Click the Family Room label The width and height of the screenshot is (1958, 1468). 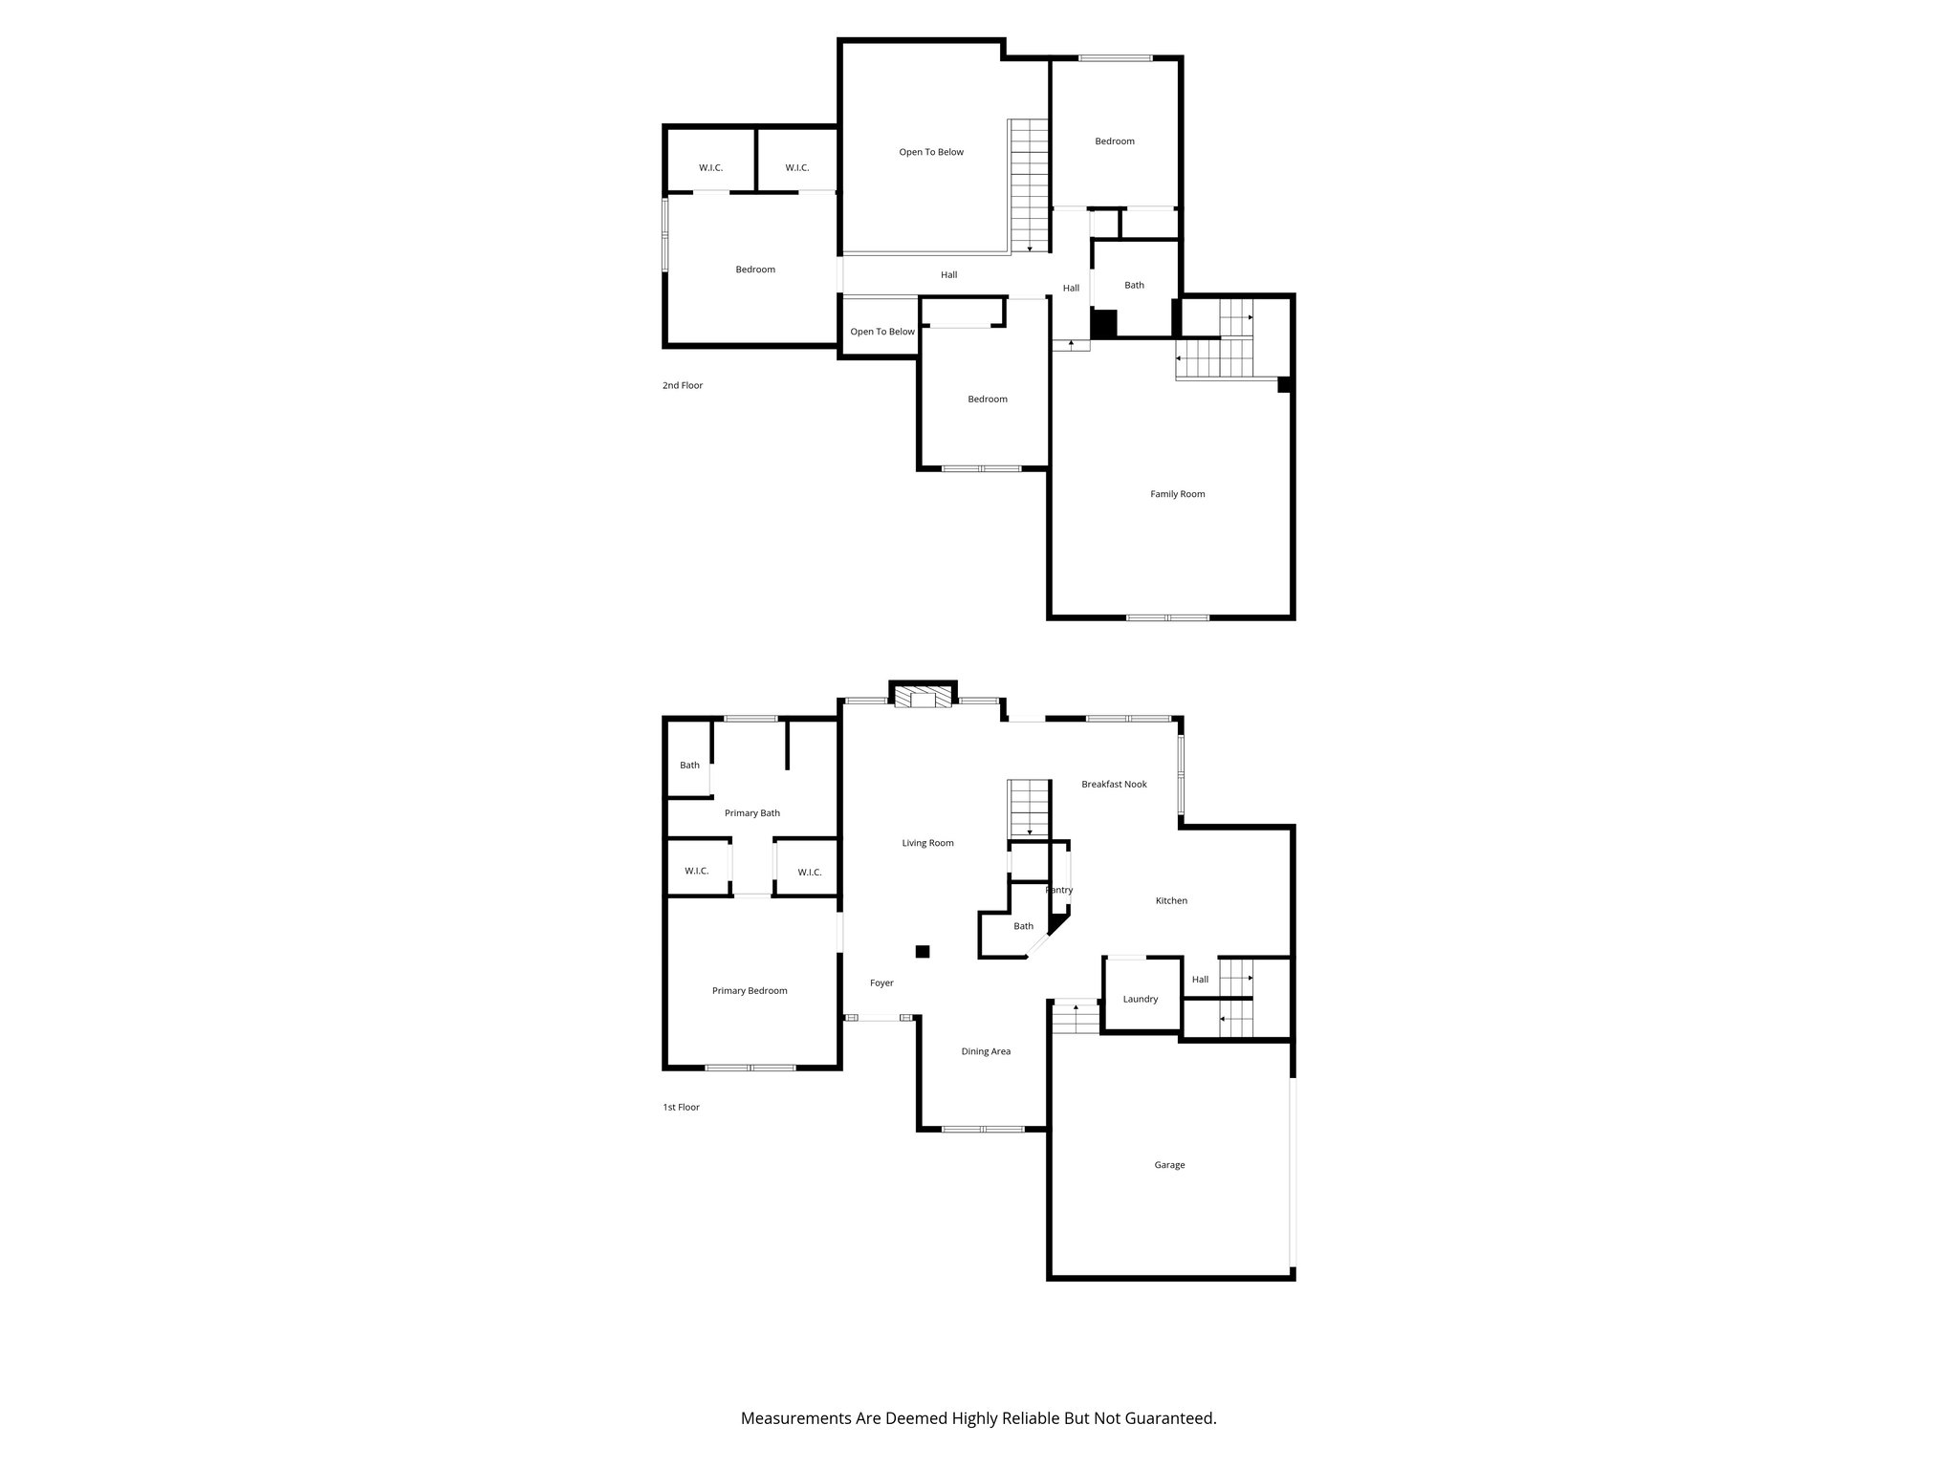[1177, 494]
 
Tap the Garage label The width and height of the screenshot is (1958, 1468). [1169, 1165]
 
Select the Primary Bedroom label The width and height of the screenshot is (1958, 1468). [750, 991]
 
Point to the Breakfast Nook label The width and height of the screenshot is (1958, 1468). [1114, 785]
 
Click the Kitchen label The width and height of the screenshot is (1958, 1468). [1171, 901]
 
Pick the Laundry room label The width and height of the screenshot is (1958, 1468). [1141, 1000]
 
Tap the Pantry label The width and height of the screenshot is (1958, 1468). [1059, 891]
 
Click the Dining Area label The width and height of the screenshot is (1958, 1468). [986, 1052]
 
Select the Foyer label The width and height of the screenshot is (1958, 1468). [881, 983]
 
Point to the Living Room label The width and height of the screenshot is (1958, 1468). [927, 844]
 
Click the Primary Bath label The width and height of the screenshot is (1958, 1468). [752, 813]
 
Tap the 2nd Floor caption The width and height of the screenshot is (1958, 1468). [683, 386]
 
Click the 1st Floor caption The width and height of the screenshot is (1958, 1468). [682, 1108]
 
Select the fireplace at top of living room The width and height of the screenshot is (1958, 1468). [924, 700]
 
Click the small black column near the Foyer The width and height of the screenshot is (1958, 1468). [923, 951]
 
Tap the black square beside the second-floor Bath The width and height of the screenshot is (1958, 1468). [1104, 324]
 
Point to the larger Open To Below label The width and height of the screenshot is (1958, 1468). [931, 153]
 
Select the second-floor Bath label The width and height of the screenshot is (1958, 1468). [1134, 286]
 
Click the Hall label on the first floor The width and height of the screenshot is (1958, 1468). [1200, 980]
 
